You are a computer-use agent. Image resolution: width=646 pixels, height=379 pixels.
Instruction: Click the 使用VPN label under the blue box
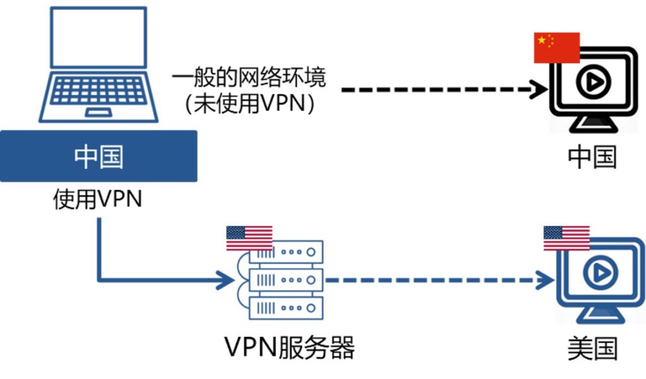click(x=98, y=201)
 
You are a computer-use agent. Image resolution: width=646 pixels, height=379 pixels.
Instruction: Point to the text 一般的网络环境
click(x=250, y=79)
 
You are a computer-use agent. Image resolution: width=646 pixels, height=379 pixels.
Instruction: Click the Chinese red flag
click(x=556, y=48)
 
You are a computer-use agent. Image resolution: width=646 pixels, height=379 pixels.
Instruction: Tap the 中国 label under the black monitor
click(x=592, y=157)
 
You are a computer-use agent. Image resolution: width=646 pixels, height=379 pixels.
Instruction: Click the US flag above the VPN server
click(x=249, y=238)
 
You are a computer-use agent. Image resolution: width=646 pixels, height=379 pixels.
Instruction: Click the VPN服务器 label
click(x=290, y=347)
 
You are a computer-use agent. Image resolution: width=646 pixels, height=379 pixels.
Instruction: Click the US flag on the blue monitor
click(x=566, y=238)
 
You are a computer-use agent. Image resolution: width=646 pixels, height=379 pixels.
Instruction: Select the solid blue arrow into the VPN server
click(x=158, y=280)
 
